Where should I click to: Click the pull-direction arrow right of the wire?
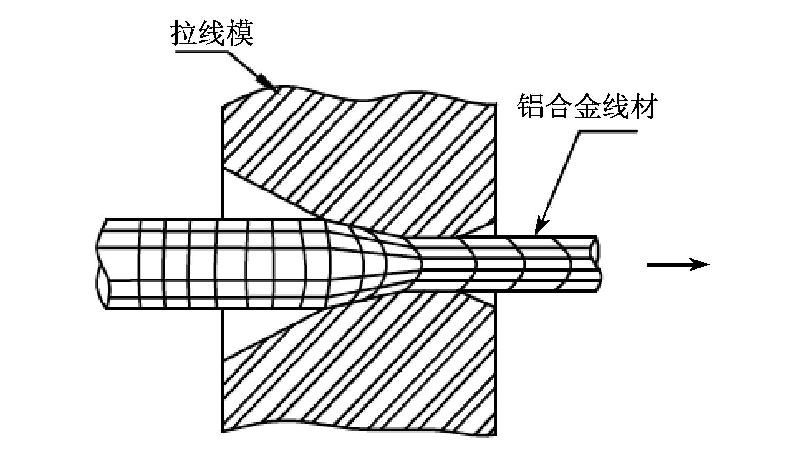678,265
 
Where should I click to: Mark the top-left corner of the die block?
223,106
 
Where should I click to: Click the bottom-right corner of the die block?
497,435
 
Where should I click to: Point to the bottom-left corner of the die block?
223,431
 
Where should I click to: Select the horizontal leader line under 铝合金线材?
608,131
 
